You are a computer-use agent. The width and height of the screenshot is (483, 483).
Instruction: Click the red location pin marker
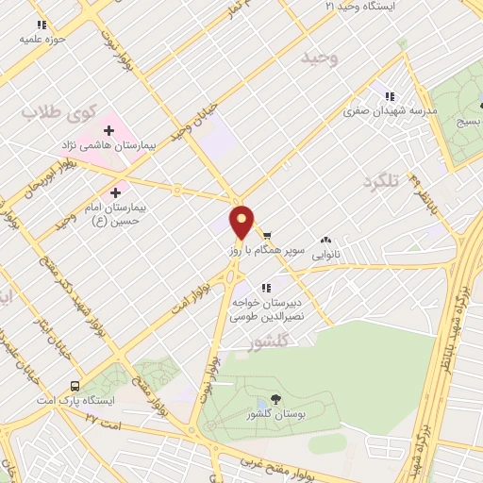tap(242, 221)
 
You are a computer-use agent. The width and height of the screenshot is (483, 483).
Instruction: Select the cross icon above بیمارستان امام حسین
tap(116, 192)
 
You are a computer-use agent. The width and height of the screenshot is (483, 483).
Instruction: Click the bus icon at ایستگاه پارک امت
tap(75, 386)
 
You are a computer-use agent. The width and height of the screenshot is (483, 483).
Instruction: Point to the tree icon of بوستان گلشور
tap(275, 400)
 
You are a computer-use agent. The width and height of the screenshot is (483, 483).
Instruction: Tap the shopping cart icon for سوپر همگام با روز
tap(268, 235)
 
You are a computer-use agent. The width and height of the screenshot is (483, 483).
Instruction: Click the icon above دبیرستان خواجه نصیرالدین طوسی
tap(267, 287)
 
